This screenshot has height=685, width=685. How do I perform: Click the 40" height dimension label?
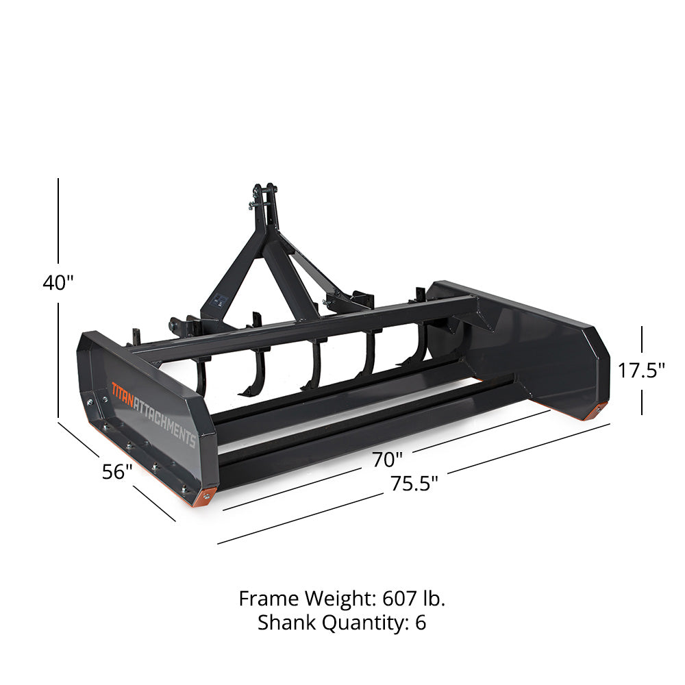coord(58,283)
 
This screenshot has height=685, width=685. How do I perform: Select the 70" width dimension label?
coord(388,459)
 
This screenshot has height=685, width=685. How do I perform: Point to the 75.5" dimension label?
coord(414,484)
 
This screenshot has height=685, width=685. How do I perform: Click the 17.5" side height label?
coord(642,371)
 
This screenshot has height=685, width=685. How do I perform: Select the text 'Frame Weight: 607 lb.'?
coord(342,599)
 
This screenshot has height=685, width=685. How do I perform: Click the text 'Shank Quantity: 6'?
coord(342,623)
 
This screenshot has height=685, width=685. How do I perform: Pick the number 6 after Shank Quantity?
coord(421,623)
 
